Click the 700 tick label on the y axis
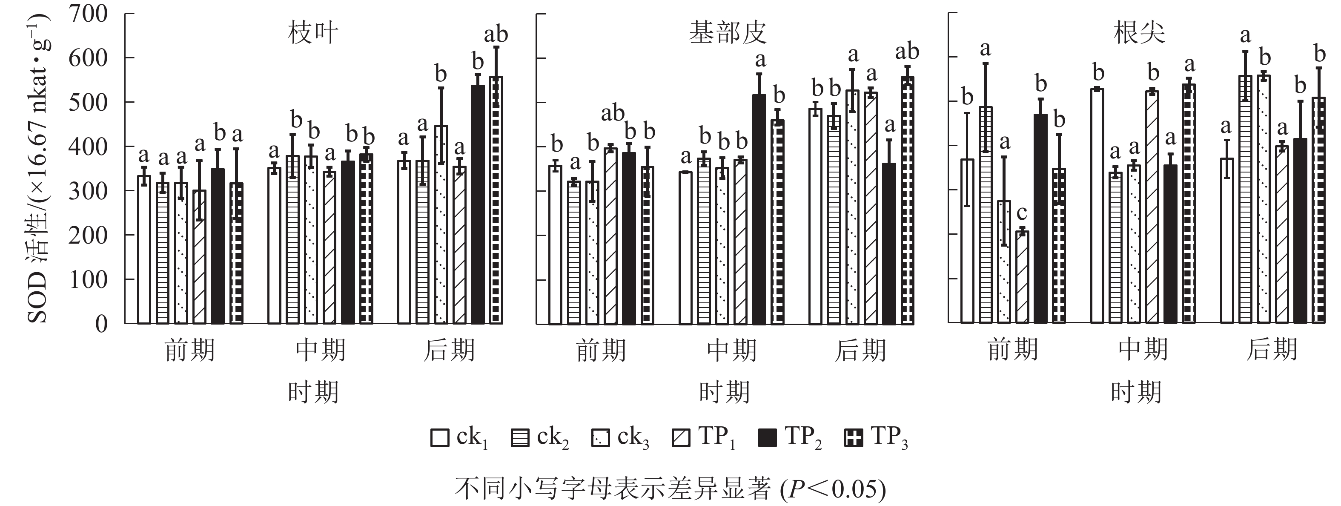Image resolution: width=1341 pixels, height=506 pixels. (88, 14)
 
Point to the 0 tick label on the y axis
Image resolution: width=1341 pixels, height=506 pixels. (101, 324)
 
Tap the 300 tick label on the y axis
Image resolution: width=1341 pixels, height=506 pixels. (88, 191)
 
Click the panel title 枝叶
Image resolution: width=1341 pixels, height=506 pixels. (313, 34)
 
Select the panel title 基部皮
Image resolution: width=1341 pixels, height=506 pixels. (728, 33)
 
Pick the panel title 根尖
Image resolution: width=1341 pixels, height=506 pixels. (1139, 34)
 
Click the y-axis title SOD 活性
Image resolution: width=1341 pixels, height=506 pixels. (40, 167)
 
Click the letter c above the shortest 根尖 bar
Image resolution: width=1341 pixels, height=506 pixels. (1022, 213)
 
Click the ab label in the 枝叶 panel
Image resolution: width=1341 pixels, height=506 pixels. (496, 35)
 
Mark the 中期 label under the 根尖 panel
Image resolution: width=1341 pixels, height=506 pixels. (1143, 349)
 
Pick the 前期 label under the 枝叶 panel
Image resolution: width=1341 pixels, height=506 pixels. (190, 351)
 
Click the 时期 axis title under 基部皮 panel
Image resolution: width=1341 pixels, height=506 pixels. (725, 392)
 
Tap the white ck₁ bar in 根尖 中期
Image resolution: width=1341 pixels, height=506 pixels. (1097, 206)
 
